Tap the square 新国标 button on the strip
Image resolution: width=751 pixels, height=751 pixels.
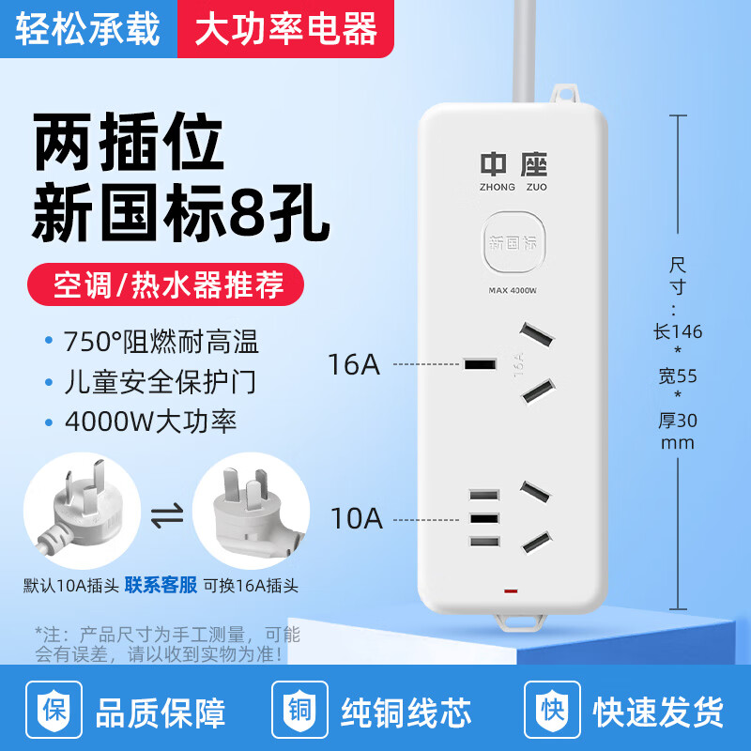click(x=512, y=243)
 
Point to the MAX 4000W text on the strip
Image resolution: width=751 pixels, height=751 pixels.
click(x=512, y=290)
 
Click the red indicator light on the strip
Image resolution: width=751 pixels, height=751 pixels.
click(x=511, y=592)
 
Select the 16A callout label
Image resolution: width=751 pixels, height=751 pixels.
click(x=354, y=364)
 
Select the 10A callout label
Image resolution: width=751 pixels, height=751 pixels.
click(x=357, y=517)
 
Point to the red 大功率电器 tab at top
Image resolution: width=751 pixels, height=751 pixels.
click(x=285, y=29)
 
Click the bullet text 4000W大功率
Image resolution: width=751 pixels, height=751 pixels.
click(x=150, y=420)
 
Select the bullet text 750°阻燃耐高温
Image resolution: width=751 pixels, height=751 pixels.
click(x=161, y=341)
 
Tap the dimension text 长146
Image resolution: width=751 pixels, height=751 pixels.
click(x=678, y=331)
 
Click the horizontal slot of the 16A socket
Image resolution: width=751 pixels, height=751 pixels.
click(x=480, y=364)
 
